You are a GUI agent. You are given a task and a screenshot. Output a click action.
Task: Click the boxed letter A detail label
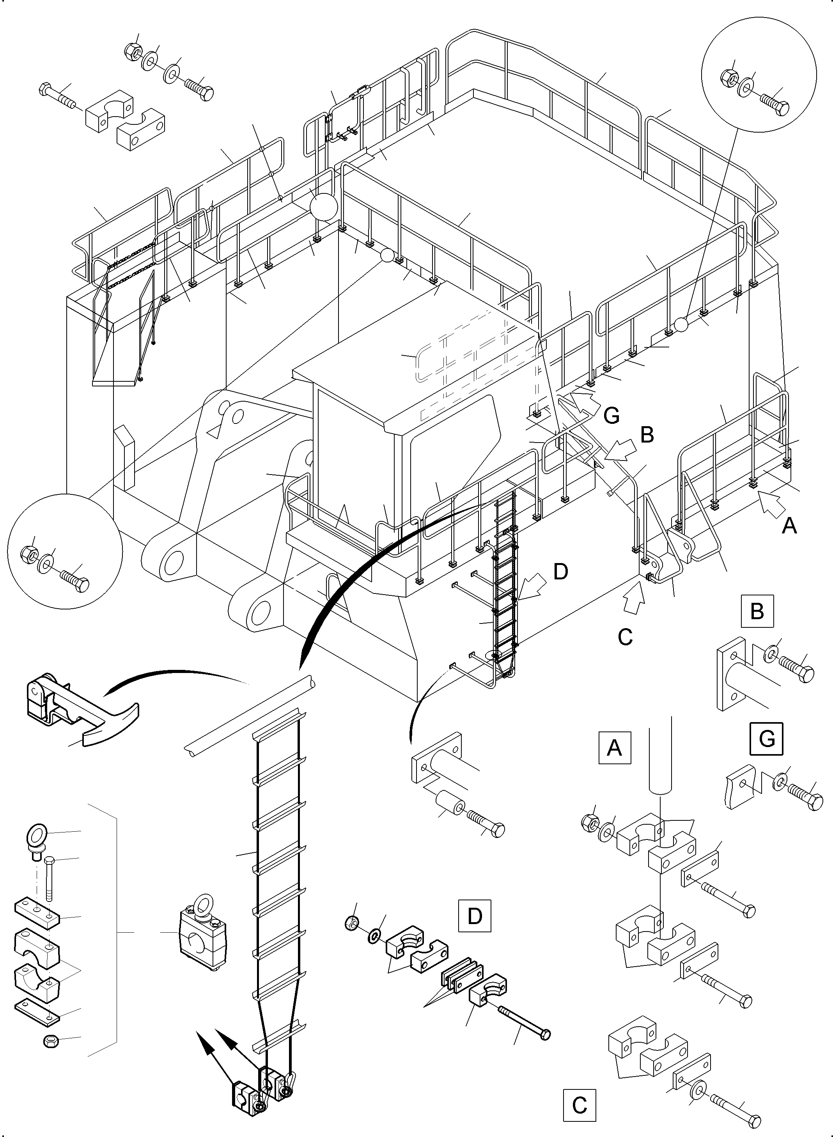(614, 748)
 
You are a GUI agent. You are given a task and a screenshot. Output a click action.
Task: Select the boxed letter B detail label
(757, 611)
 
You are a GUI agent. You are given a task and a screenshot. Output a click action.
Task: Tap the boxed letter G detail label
(766, 739)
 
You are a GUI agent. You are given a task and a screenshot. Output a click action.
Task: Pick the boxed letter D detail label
(475, 916)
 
